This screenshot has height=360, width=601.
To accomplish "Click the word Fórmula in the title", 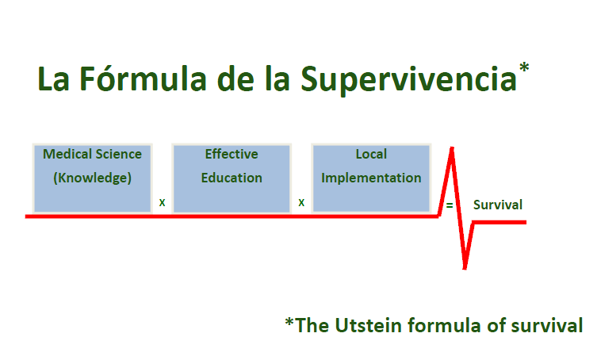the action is coord(143,79).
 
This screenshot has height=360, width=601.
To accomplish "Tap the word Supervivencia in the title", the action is coord(408,80).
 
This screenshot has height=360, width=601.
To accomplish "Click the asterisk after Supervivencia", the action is coord(524,68).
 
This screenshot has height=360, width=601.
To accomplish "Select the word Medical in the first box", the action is coord(67,154).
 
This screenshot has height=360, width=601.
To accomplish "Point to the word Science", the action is coord(118,154).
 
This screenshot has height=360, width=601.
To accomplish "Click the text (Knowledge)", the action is coord(93,178).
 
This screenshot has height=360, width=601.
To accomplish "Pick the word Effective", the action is coord(232,154).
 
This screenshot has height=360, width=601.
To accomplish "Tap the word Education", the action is coord(232,178).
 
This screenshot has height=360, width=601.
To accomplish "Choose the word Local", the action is coord(371,154).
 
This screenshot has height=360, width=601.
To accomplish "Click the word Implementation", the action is coord(371,178).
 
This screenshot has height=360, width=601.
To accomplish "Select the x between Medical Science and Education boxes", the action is coord(162,203).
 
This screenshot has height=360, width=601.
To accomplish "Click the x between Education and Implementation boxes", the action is coord(301,203).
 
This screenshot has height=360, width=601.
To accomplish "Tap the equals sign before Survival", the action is coord(450,205).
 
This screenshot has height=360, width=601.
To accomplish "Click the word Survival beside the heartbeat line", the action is coord(497,205).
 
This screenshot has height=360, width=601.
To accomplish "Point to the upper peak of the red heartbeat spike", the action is coord(452,148).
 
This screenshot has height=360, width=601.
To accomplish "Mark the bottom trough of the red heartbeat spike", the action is coord(465,268).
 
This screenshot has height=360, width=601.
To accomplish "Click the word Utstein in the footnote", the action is coord(368,325).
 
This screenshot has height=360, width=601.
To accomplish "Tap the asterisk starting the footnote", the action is coord(289,323).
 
